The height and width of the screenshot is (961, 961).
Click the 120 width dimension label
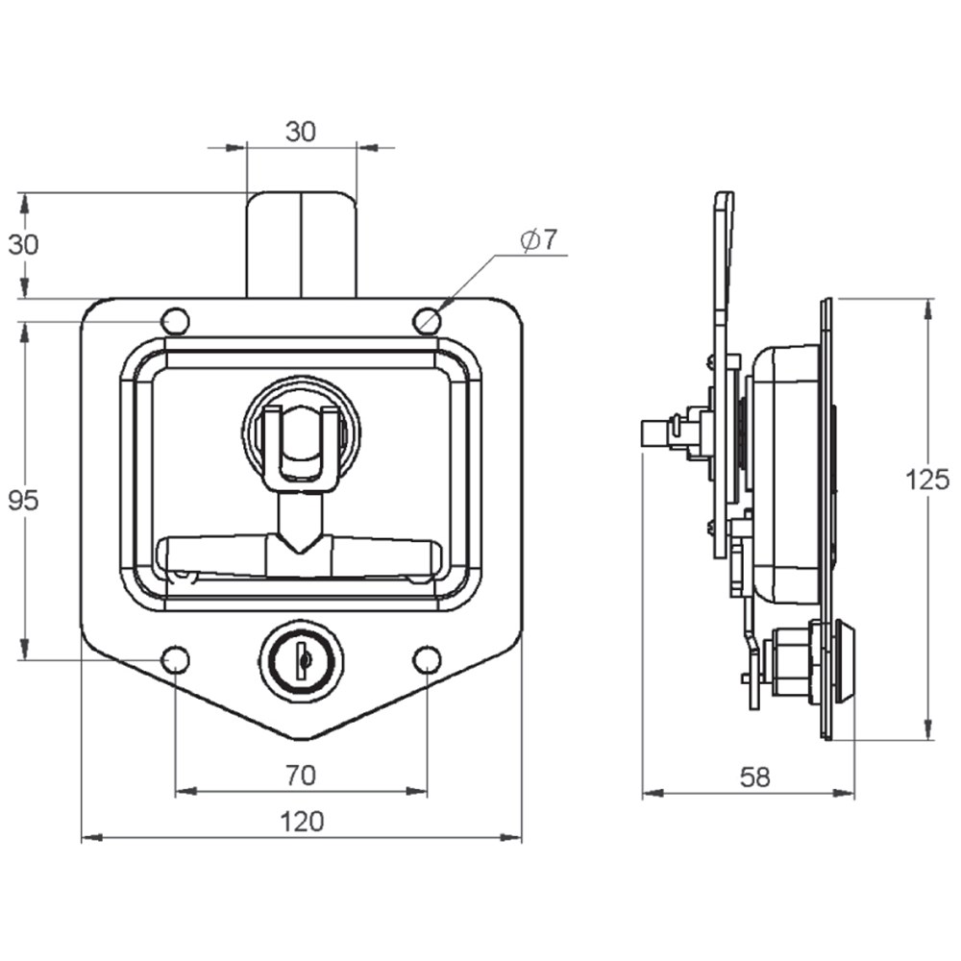click(302, 822)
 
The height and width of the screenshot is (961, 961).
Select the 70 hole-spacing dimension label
click(300, 776)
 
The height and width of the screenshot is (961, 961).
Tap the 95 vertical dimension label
click(23, 501)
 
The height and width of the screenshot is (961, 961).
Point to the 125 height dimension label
click(927, 480)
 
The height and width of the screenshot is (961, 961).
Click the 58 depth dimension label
click(754, 777)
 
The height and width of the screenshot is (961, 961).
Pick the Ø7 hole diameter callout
click(539, 239)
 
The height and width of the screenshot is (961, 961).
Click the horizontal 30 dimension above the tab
click(300, 132)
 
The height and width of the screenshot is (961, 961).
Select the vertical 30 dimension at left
click(23, 244)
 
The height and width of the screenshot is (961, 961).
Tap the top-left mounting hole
click(175, 321)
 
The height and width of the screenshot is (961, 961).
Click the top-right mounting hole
click(427, 321)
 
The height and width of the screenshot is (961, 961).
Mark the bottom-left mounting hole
click(175, 659)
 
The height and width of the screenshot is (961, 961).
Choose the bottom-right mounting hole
click(427, 659)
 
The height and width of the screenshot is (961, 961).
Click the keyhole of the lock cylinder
click(303, 659)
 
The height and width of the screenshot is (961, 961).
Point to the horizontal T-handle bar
click(299, 556)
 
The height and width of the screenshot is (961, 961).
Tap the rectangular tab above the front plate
click(302, 244)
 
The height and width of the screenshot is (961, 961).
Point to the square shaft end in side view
click(653, 432)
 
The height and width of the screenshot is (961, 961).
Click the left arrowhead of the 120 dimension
click(92, 837)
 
